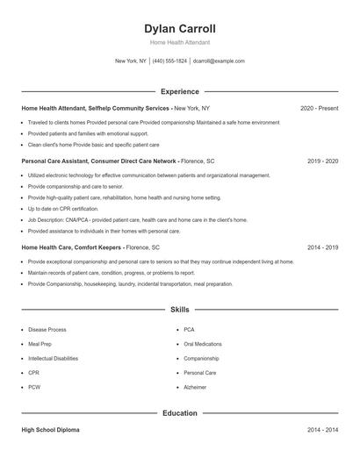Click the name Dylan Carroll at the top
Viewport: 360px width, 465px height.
point(180,28)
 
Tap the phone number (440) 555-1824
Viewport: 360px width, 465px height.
point(169,61)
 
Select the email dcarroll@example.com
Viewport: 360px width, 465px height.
point(219,61)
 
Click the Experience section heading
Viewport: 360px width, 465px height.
point(180,91)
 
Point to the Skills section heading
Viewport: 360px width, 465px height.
point(180,310)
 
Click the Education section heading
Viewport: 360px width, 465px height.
point(180,412)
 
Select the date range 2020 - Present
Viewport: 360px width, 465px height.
point(319,108)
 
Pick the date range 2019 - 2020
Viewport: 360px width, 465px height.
point(322,161)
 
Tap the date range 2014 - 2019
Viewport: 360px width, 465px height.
point(322,247)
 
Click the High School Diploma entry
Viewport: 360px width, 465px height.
point(52,431)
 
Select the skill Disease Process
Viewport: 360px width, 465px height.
point(47,330)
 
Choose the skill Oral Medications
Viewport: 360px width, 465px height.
point(203,344)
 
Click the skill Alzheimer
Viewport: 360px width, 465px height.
point(195,387)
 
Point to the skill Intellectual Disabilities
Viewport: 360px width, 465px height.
point(53,358)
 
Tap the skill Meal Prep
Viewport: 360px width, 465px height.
point(40,344)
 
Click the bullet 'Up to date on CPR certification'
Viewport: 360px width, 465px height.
point(63,209)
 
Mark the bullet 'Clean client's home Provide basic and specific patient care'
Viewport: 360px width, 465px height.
point(93,144)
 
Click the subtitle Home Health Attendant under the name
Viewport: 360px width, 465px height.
point(180,42)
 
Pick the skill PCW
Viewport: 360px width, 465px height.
point(34,387)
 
